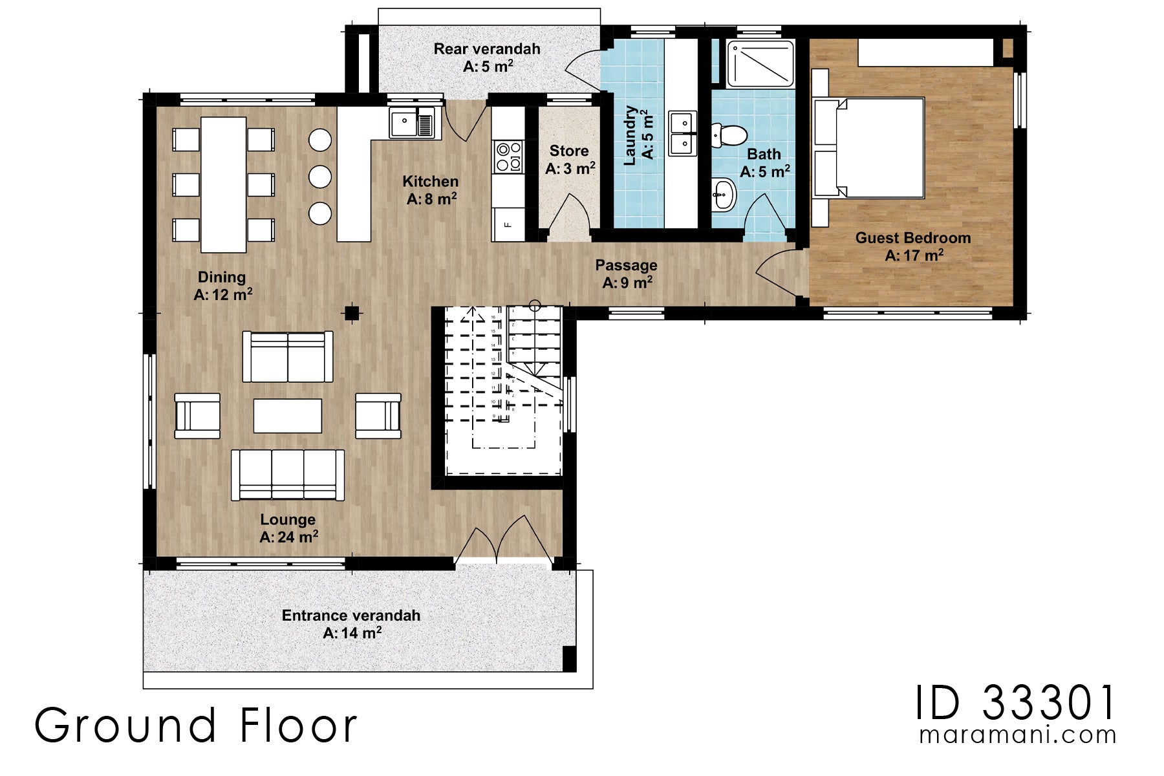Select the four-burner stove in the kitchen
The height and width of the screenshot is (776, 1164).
pyautogui.click(x=508, y=156)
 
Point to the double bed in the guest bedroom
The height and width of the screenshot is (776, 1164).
pyautogui.click(x=870, y=147)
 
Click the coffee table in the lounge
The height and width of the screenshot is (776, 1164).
pyautogui.click(x=288, y=415)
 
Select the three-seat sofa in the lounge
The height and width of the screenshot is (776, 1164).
pyautogui.click(x=288, y=475)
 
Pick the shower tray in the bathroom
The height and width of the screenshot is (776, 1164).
pyautogui.click(x=760, y=63)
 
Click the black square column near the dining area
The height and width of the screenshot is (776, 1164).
pyautogui.click(x=351, y=314)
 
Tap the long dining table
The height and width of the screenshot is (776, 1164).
pyautogui.click(x=223, y=184)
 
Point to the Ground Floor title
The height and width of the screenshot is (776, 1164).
pyautogui.click(x=195, y=726)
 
